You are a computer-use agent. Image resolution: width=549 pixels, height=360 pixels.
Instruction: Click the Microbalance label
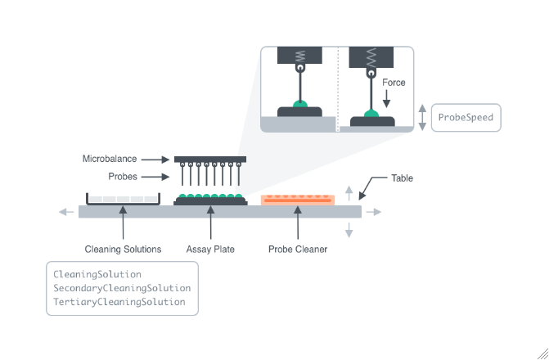[x=109, y=159]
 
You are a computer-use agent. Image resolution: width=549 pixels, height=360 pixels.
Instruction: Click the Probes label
[x=122, y=177]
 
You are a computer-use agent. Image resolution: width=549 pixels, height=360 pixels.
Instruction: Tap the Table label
[x=402, y=178]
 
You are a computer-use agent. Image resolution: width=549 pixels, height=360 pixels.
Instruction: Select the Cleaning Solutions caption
[x=123, y=249]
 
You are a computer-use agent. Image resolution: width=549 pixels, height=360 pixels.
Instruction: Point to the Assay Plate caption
[x=210, y=249]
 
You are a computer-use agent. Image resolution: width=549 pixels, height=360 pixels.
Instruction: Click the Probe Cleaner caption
[x=298, y=249]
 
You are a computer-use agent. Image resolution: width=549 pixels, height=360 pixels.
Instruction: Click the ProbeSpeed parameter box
[x=466, y=117]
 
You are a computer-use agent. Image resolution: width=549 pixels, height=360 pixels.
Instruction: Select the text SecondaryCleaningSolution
[x=122, y=288]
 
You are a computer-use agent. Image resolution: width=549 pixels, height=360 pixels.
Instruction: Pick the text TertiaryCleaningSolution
[x=119, y=302]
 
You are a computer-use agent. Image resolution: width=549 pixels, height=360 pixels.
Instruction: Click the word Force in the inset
[x=394, y=83]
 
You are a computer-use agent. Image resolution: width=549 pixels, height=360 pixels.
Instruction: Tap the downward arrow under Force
[x=386, y=99]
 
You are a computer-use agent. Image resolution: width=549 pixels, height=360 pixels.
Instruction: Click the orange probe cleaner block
[x=297, y=200]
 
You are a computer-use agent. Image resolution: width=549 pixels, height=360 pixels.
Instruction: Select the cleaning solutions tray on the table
[x=123, y=199]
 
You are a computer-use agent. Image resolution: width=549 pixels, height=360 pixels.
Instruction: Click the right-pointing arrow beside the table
[x=373, y=212]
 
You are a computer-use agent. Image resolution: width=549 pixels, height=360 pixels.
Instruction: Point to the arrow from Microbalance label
[x=155, y=159]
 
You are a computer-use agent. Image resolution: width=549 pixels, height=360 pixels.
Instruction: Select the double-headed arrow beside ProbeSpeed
[x=422, y=117]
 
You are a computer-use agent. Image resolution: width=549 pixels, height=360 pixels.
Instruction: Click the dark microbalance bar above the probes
[x=210, y=159]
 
